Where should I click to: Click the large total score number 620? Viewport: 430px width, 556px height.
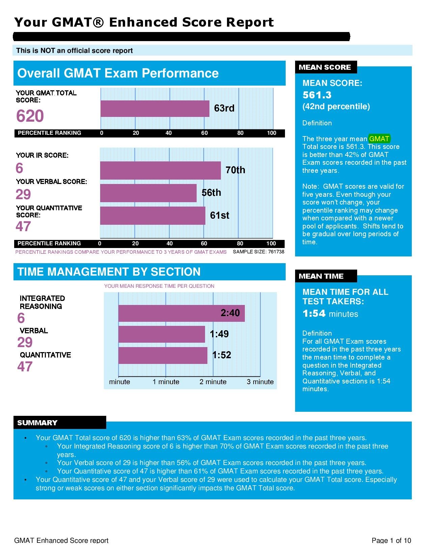click(x=30, y=116)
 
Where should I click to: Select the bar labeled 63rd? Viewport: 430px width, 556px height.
click(x=155, y=109)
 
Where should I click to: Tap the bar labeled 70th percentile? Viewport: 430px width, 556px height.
click(x=160, y=171)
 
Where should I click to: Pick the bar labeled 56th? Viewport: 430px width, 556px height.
click(x=148, y=193)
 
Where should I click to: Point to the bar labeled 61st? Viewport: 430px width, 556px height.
click(x=152, y=216)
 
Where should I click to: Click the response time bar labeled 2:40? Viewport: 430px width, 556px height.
click(x=181, y=313)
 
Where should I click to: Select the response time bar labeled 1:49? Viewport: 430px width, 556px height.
click(x=162, y=334)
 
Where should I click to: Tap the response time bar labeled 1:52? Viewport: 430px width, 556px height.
click(x=163, y=356)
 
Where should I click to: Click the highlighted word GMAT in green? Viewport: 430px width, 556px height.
click(x=379, y=139)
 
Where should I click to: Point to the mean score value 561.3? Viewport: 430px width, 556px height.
click(x=317, y=95)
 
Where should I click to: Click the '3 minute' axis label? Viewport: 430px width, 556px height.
click(x=260, y=382)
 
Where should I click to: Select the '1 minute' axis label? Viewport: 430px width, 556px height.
click(x=166, y=382)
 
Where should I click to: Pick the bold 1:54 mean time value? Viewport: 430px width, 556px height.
click(x=314, y=314)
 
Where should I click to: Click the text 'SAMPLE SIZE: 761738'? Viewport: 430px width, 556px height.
click(x=258, y=252)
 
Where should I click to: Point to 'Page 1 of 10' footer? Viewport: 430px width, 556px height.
click(x=391, y=540)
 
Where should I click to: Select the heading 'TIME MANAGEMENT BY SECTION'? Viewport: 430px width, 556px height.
click(x=109, y=272)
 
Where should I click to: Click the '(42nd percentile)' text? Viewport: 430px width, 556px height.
click(x=336, y=106)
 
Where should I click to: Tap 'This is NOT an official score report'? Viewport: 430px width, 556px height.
click(x=75, y=51)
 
